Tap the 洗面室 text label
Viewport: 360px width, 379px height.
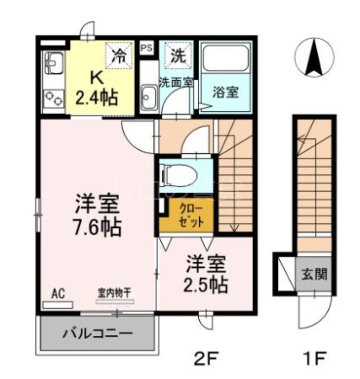click(175, 81)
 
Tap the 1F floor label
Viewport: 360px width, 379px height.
click(314, 356)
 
